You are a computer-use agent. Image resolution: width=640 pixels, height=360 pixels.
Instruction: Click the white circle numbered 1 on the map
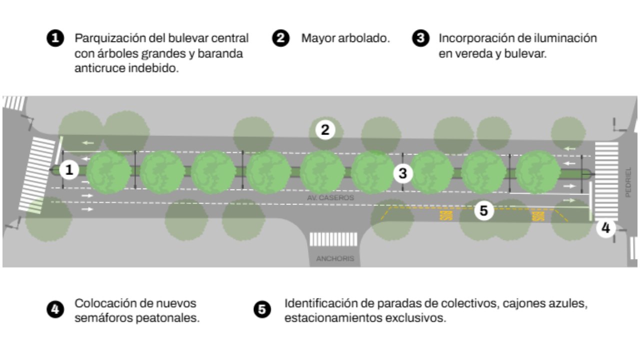[69, 170]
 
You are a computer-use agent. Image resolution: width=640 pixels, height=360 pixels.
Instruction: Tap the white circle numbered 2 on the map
[325, 130]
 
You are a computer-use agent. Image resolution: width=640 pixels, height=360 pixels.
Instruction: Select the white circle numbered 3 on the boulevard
[403, 173]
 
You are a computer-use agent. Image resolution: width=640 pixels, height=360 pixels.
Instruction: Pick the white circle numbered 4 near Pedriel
[605, 228]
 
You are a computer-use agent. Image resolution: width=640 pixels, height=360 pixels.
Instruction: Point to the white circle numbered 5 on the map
[483, 210]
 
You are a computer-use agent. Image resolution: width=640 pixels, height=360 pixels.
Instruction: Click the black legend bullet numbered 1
[55, 39]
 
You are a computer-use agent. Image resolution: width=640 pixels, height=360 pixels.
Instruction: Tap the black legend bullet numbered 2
[281, 39]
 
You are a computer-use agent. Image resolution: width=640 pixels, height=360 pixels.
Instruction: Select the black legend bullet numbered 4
[55, 309]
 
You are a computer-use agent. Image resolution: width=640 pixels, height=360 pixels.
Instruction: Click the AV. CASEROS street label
[330, 198]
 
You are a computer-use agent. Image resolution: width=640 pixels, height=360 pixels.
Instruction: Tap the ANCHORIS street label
[335, 259]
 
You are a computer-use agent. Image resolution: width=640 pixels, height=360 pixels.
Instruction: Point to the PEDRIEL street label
[628, 182]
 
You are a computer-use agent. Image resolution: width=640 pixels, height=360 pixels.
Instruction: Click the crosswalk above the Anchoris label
[333, 239]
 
